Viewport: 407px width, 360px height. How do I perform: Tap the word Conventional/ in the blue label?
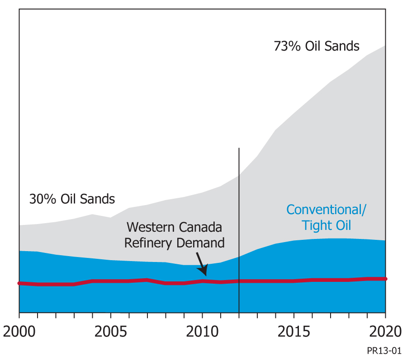pyautogui.click(x=327, y=210)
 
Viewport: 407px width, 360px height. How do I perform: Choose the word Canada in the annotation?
pyautogui.click(x=202, y=227)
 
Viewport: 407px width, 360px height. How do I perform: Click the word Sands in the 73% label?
pyautogui.click(x=343, y=46)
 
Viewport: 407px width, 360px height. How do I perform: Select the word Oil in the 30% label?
pyautogui.click(x=78, y=199)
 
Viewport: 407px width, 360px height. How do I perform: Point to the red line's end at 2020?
pyautogui.click(x=385, y=279)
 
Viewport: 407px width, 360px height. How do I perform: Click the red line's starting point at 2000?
pyautogui.click(x=19, y=283)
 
